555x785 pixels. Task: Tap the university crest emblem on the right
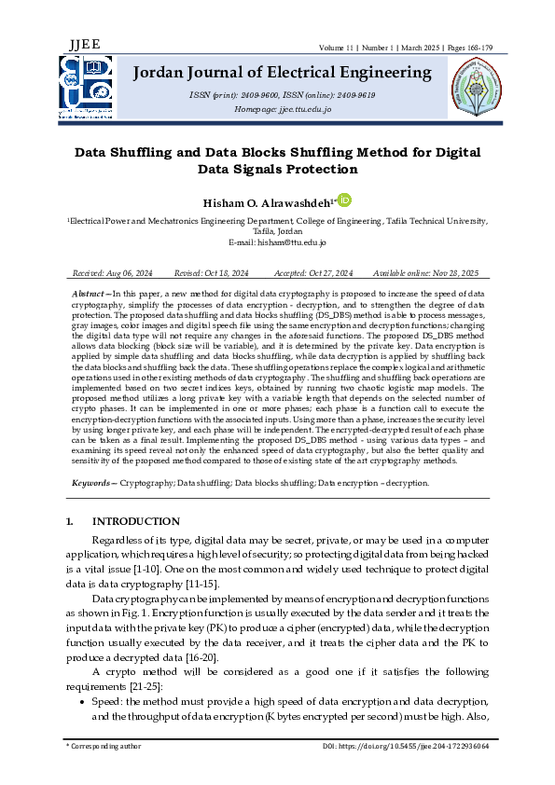click(x=476, y=90)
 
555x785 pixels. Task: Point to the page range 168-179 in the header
click(x=467, y=47)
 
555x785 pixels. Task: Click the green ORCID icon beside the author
click(x=344, y=200)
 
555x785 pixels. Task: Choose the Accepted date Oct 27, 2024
click(x=331, y=273)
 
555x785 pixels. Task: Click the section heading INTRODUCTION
click(x=136, y=521)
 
